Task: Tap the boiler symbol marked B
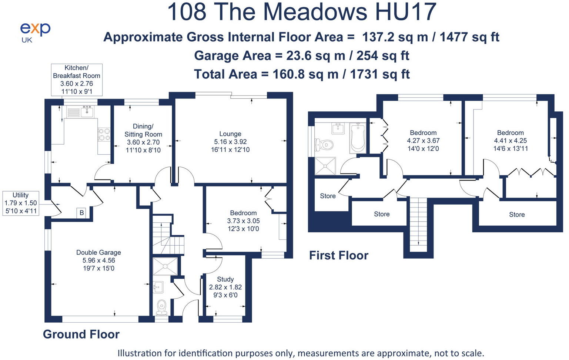(82, 213)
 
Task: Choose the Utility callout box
(20, 203)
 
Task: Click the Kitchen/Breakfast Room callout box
(76, 80)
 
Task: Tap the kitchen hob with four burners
(104, 134)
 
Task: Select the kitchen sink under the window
(87, 111)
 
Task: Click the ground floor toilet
(162, 307)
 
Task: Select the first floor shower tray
(325, 165)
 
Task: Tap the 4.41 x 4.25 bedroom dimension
(510, 141)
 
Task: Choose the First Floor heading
(338, 255)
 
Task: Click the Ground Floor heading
(81, 334)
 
